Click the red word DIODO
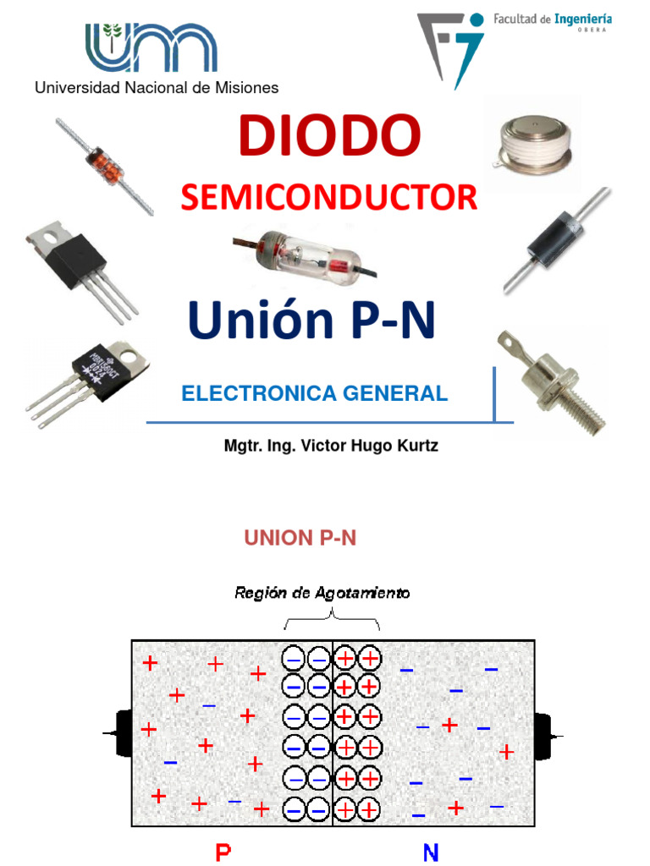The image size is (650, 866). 330,136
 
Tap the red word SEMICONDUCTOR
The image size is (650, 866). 328,198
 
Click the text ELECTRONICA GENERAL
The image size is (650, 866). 314,393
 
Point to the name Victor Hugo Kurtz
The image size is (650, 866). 366,445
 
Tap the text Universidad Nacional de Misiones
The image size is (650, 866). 156,87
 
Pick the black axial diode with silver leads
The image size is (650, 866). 555,240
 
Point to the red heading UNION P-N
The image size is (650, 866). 300,539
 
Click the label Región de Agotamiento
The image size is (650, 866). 322,594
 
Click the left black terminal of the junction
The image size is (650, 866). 120,732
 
